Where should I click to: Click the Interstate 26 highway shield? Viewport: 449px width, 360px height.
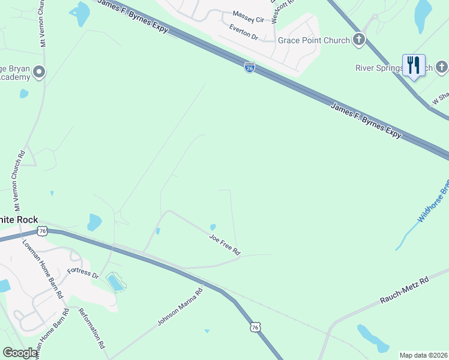[x=250, y=68]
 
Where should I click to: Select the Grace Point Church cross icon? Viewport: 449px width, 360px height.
[x=359, y=40]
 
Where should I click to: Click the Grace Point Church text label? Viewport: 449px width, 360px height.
[x=313, y=41]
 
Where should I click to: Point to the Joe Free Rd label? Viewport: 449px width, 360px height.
[x=224, y=244]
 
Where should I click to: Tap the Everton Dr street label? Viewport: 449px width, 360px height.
[x=243, y=32]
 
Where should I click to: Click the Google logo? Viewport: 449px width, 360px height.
[x=20, y=353]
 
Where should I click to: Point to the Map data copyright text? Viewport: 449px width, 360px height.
[x=423, y=355]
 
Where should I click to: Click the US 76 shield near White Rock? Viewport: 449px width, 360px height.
[x=42, y=231]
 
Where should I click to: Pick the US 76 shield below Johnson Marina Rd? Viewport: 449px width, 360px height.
[x=256, y=327]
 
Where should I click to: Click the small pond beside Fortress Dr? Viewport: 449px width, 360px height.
[x=115, y=282]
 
